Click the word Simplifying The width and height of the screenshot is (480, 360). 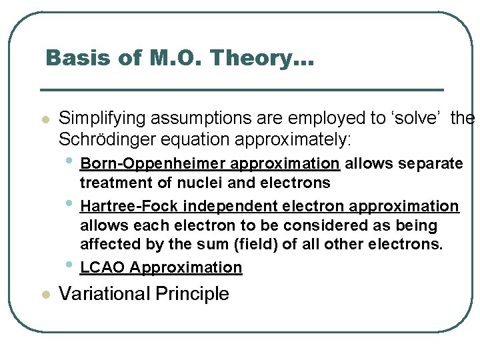point(102,119)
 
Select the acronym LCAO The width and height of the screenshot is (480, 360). point(103,267)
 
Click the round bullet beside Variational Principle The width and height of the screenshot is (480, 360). point(45,295)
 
